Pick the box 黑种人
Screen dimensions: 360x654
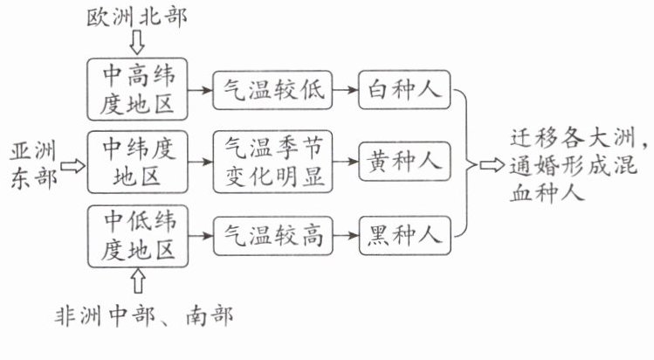(x=403, y=235)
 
